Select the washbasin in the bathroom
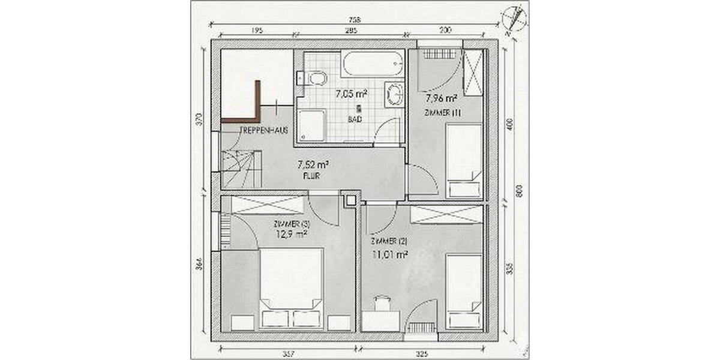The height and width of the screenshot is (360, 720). coord(394,93)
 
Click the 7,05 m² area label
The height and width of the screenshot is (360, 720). coord(351,94)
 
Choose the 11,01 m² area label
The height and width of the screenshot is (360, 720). coord(390,254)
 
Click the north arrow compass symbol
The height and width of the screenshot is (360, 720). coord(515,17)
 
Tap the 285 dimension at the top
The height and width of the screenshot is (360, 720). coord(351,30)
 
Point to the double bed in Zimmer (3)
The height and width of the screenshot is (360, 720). coord(290,288)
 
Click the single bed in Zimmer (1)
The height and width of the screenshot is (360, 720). coord(464,159)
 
